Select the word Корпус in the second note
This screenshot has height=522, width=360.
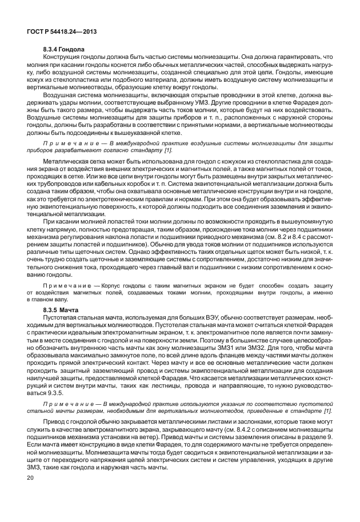(110, 284)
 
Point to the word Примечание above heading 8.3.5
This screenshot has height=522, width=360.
(67, 284)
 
